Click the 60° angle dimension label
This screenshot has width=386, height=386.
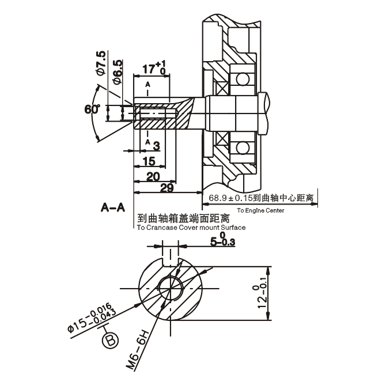click(x=92, y=109)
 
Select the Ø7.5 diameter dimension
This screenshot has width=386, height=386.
click(x=101, y=63)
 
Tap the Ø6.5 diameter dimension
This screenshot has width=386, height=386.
click(x=117, y=71)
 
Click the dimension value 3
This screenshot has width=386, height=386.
click(x=156, y=146)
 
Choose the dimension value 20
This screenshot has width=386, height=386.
click(x=153, y=176)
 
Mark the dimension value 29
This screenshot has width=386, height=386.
click(x=167, y=189)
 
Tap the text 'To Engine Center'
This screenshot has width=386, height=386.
click(x=260, y=211)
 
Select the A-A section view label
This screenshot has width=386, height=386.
click(x=112, y=207)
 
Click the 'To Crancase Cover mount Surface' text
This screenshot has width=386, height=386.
click(x=191, y=228)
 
